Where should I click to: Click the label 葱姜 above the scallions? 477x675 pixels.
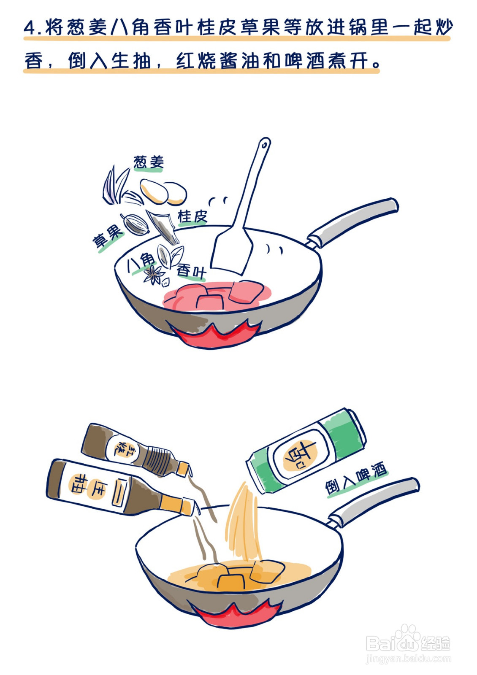(x=148, y=162)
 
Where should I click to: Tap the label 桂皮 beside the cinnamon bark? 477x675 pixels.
(x=192, y=216)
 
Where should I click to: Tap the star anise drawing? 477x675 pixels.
(x=154, y=275)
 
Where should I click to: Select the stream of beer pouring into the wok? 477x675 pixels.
(x=243, y=523)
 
